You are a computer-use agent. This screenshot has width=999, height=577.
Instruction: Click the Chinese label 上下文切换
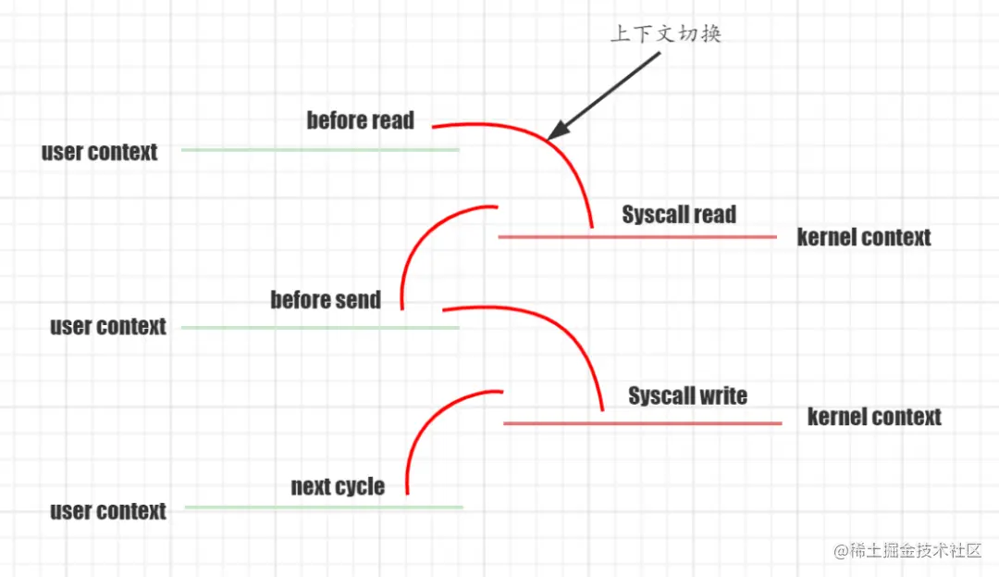(x=665, y=34)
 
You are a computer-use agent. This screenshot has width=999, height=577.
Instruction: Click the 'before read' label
(x=361, y=120)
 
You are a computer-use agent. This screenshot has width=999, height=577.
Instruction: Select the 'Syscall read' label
(x=679, y=215)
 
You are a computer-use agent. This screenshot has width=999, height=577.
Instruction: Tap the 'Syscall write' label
(x=687, y=396)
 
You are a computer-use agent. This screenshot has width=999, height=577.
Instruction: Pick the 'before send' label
(x=326, y=300)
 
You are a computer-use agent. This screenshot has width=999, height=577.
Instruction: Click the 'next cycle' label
(x=338, y=486)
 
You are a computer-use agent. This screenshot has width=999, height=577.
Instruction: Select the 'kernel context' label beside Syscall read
(x=864, y=238)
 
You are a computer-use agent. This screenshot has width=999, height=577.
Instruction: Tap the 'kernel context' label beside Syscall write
(x=874, y=417)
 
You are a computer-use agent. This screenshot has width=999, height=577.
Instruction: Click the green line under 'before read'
(x=320, y=150)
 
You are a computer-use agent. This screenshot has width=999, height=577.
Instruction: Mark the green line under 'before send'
(x=320, y=327)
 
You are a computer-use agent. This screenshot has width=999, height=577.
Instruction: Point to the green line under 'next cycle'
(x=324, y=507)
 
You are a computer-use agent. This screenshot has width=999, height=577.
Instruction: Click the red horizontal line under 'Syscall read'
(x=637, y=237)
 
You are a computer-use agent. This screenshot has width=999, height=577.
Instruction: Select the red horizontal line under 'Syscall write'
(x=643, y=423)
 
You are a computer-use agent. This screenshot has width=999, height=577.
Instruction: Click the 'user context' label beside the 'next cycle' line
(x=108, y=511)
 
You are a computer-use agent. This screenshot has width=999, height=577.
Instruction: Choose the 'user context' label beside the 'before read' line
(x=100, y=152)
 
